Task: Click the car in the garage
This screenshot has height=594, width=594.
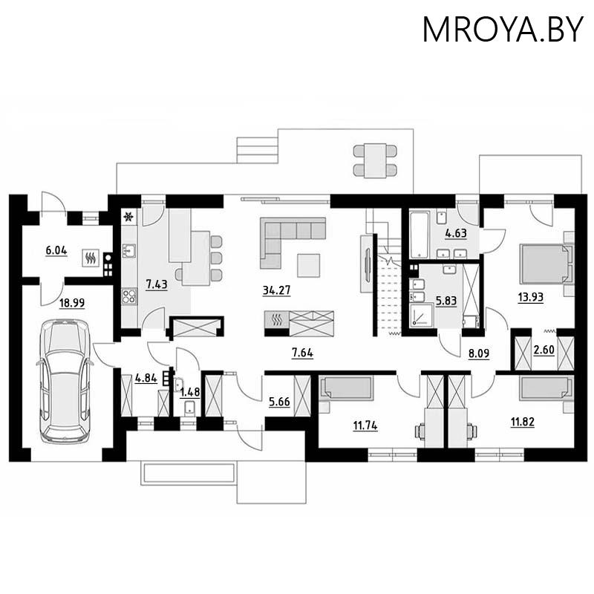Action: pos(65,381)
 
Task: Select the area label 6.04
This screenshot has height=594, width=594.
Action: pos(56,251)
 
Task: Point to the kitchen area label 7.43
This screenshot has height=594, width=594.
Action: pos(157,284)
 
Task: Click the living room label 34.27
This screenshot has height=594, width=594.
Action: pos(275,290)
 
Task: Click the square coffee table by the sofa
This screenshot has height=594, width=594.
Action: pos(308,264)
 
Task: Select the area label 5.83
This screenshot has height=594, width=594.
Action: pos(446,303)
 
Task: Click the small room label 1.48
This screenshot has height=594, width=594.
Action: pos(190,391)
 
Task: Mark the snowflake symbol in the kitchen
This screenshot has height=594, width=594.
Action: pos(128,218)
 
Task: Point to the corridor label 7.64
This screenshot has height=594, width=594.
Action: pos(301,353)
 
